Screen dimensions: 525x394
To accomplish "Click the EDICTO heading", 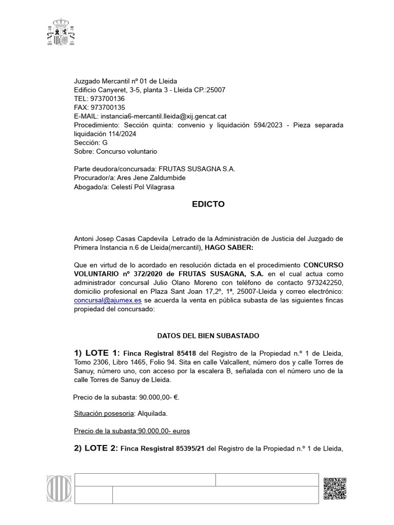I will [x=208, y=204].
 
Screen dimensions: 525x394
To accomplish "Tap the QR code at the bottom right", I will [x=335, y=488].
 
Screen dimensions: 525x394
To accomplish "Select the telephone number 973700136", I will [x=107, y=98].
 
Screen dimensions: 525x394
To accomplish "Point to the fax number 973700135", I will [x=107, y=107].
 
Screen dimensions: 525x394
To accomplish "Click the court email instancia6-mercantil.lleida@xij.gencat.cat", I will [x=164, y=116].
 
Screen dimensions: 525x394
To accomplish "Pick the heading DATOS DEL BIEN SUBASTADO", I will [x=208, y=336].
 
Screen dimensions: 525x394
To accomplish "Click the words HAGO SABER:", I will [x=229, y=248].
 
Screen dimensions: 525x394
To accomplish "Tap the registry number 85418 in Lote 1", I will [x=186, y=354].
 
